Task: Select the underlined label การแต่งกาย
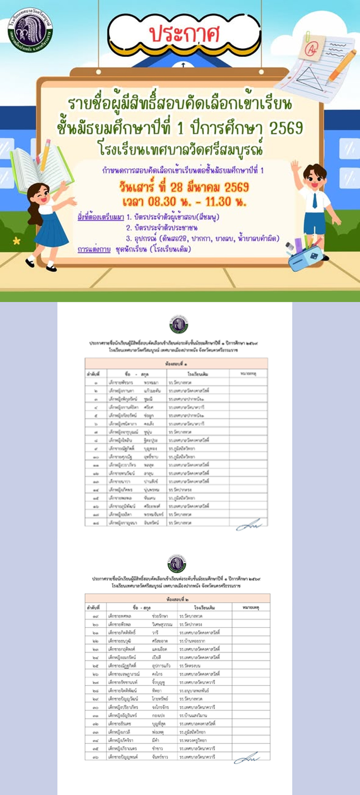click(x=94, y=249)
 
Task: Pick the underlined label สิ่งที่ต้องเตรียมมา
click(x=100, y=217)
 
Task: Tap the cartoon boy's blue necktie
click(x=315, y=200)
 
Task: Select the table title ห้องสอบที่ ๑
click(x=176, y=363)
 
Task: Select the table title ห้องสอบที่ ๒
click(x=177, y=600)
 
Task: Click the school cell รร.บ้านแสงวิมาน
click(x=193, y=715)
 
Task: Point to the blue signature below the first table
click(x=249, y=526)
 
